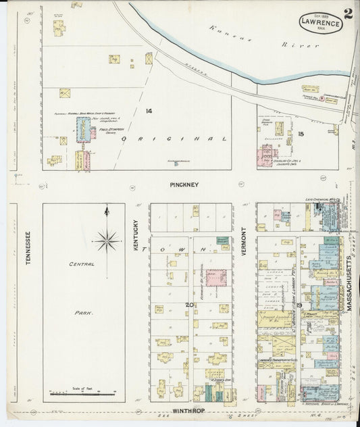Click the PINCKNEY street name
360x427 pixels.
point(184,184)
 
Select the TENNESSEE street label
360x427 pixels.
point(28,249)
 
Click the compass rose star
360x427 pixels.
point(107,238)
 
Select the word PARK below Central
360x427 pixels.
point(84,313)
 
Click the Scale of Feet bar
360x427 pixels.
point(84,393)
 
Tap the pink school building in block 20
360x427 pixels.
point(215,278)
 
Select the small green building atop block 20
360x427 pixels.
point(222,241)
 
